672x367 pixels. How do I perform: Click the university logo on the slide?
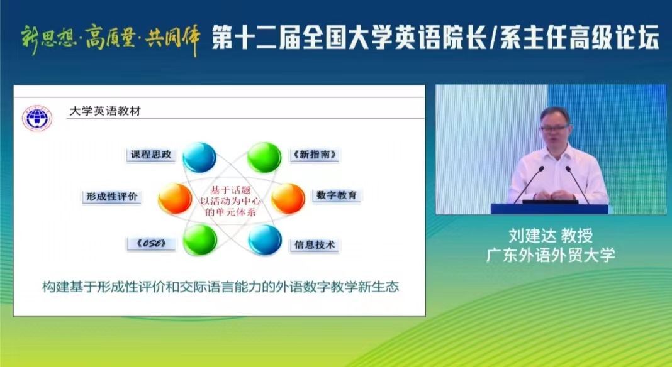[x=38, y=118]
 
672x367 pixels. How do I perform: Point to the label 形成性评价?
[x=111, y=197]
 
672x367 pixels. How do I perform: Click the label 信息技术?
[x=314, y=244]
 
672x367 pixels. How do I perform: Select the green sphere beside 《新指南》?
[x=264, y=157]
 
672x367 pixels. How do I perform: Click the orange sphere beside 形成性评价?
[x=175, y=198]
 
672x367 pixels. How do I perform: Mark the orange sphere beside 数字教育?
[x=288, y=198]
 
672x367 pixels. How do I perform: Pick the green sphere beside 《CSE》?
[x=199, y=239]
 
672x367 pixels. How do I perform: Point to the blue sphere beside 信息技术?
[x=264, y=239]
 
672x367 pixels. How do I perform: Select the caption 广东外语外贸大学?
[x=551, y=255]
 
